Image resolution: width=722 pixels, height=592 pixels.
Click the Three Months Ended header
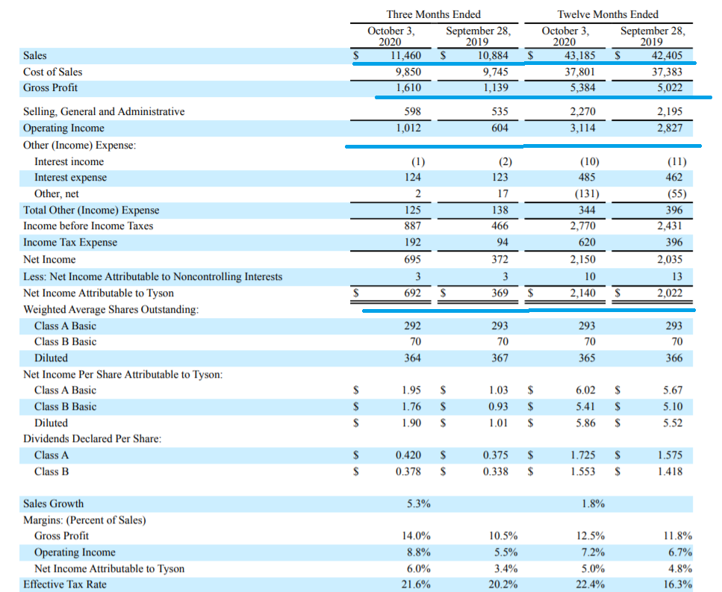point(433,14)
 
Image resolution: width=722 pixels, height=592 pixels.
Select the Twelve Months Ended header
point(608,14)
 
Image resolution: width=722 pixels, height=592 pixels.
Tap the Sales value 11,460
point(405,56)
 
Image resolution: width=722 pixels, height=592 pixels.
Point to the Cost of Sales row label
point(52,72)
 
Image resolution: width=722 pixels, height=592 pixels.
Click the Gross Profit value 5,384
point(582,87)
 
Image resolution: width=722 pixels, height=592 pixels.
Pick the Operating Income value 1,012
point(408,128)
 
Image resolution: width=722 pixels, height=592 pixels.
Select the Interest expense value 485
point(587,177)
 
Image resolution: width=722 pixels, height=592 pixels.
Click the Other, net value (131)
point(587,194)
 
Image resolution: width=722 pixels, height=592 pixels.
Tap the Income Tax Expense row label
point(70,242)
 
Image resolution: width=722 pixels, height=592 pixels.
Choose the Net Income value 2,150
point(582,259)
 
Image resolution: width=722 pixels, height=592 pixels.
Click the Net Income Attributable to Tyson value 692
point(413,293)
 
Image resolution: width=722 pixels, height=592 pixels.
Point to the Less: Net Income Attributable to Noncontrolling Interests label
point(152,276)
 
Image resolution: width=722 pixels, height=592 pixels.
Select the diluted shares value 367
point(500,358)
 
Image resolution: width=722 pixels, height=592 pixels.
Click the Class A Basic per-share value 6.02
point(585,390)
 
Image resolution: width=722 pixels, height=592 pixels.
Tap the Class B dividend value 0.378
point(408,471)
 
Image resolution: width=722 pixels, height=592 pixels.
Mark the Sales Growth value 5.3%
point(418,504)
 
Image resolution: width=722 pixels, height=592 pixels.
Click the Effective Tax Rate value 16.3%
point(677,585)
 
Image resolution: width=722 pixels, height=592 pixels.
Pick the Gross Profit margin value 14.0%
point(416,536)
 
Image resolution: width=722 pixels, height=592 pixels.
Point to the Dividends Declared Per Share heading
point(92,438)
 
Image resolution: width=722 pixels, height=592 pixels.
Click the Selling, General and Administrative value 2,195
point(670,111)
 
